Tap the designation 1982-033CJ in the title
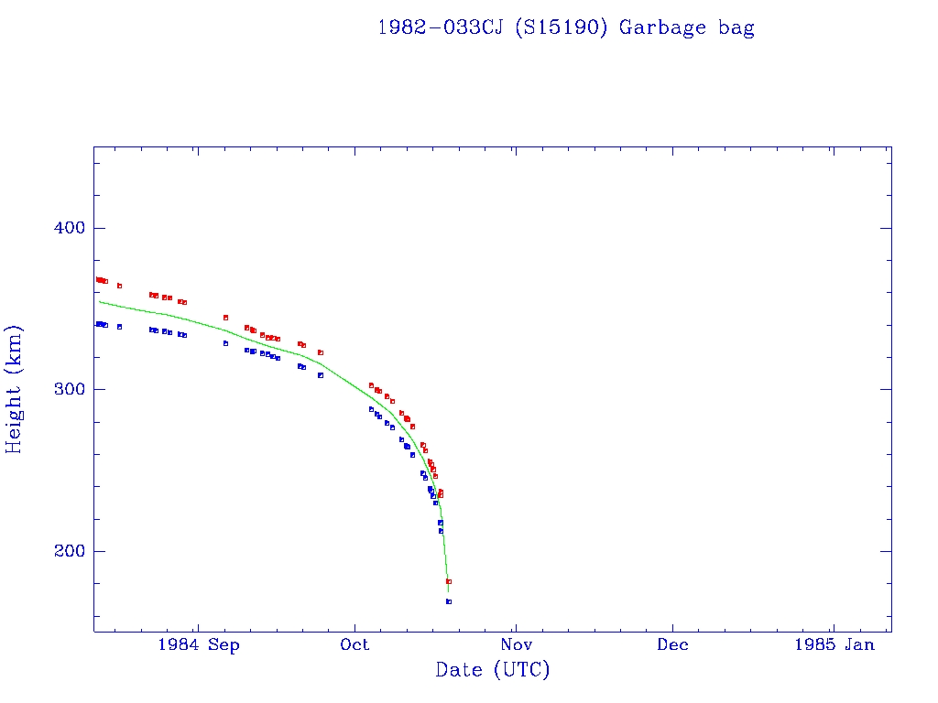pyautogui.click(x=441, y=27)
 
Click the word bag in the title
pyautogui.click(x=736, y=27)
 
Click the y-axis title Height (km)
pyautogui.click(x=15, y=389)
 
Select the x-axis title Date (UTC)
pyautogui.click(x=493, y=670)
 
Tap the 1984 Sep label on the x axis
pyautogui.click(x=199, y=645)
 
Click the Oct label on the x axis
pyautogui.click(x=354, y=645)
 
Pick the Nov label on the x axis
pyautogui.click(x=516, y=645)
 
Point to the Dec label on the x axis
pyautogui.click(x=672, y=645)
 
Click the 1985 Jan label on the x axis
pyautogui.click(x=834, y=645)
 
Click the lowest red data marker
pyautogui.click(x=449, y=581)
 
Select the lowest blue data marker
pyautogui.click(x=449, y=601)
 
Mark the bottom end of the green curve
pyautogui.click(x=448, y=592)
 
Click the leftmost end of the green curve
pyautogui.click(x=99, y=301)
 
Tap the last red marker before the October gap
pyautogui.click(x=321, y=352)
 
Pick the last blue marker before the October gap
pyautogui.click(x=321, y=375)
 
